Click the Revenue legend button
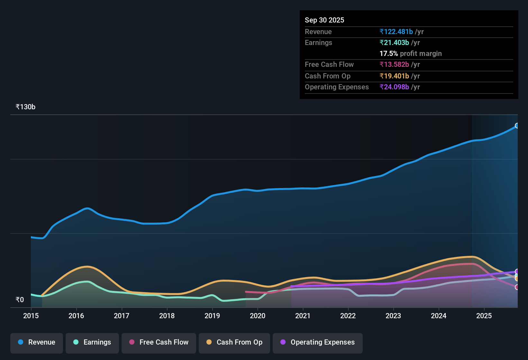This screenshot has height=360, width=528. click(x=37, y=342)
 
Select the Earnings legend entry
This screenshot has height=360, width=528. click(x=92, y=342)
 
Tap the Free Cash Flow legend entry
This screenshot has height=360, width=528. click(x=159, y=342)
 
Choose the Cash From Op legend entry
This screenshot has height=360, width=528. click(x=234, y=342)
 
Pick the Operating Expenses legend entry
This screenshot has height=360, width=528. click(x=318, y=342)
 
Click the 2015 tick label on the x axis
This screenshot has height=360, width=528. click(x=31, y=316)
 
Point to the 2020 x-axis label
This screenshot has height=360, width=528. click(x=258, y=316)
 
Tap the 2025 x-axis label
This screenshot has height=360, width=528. click(x=484, y=316)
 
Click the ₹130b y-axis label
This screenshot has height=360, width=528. click(x=25, y=107)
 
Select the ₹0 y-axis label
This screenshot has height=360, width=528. click(x=20, y=300)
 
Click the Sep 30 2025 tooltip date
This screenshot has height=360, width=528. click(x=324, y=20)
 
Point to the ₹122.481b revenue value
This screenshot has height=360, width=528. click(x=396, y=32)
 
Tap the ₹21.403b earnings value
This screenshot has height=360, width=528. click(x=394, y=43)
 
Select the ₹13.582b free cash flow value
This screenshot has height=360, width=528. click(x=394, y=65)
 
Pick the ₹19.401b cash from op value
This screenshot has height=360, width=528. click(x=394, y=76)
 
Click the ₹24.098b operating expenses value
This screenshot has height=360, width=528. click(x=394, y=87)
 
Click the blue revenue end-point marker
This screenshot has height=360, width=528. click(x=517, y=126)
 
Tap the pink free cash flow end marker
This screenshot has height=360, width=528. click(x=517, y=287)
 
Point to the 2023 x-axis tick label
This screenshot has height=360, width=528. click(x=393, y=316)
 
